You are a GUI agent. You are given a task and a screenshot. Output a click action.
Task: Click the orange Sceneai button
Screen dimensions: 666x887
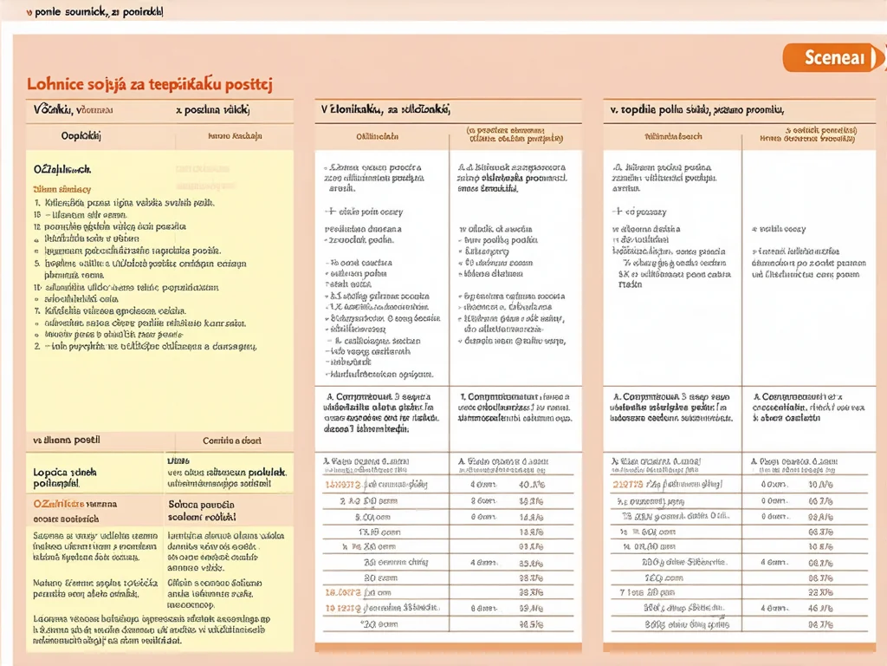[x=834, y=57]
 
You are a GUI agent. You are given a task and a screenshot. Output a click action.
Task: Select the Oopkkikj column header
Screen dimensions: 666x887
[x=81, y=136]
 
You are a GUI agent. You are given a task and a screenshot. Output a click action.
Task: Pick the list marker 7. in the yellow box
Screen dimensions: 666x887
[x=37, y=310]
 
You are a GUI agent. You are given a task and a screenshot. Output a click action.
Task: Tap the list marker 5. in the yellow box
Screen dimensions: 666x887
[x=37, y=263]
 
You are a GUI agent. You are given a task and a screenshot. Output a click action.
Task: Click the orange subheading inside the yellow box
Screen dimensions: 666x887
[x=62, y=188]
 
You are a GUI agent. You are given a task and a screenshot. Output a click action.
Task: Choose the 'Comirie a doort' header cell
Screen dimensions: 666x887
[x=233, y=441]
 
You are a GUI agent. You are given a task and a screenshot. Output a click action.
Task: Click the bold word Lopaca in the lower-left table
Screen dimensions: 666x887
[x=52, y=473]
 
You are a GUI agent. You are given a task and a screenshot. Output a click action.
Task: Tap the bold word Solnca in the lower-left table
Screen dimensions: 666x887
[x=184, y=504]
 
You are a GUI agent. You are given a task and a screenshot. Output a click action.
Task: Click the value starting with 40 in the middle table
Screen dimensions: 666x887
[x=530, y=484]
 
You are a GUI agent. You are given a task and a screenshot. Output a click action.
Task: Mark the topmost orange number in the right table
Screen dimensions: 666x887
[x=626, y=484]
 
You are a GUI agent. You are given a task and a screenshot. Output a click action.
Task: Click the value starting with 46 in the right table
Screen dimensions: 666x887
[x=819, y=609]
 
